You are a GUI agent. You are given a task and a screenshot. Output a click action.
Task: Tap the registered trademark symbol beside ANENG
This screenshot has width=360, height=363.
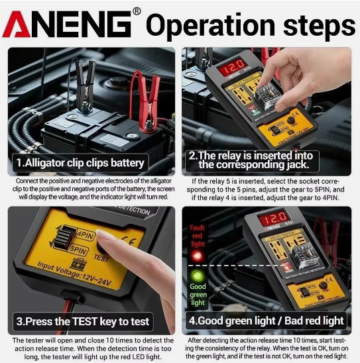137,11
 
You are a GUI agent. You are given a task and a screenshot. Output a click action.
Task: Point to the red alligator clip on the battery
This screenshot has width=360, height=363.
145,90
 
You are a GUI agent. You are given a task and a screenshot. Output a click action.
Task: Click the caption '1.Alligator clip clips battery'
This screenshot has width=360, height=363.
80,163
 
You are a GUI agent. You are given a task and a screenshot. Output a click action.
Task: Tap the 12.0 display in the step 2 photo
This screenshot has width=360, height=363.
234,67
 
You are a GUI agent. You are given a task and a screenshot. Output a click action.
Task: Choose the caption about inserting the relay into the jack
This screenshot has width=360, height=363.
260,160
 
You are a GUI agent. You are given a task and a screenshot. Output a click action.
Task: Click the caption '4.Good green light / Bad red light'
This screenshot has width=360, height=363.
266,321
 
